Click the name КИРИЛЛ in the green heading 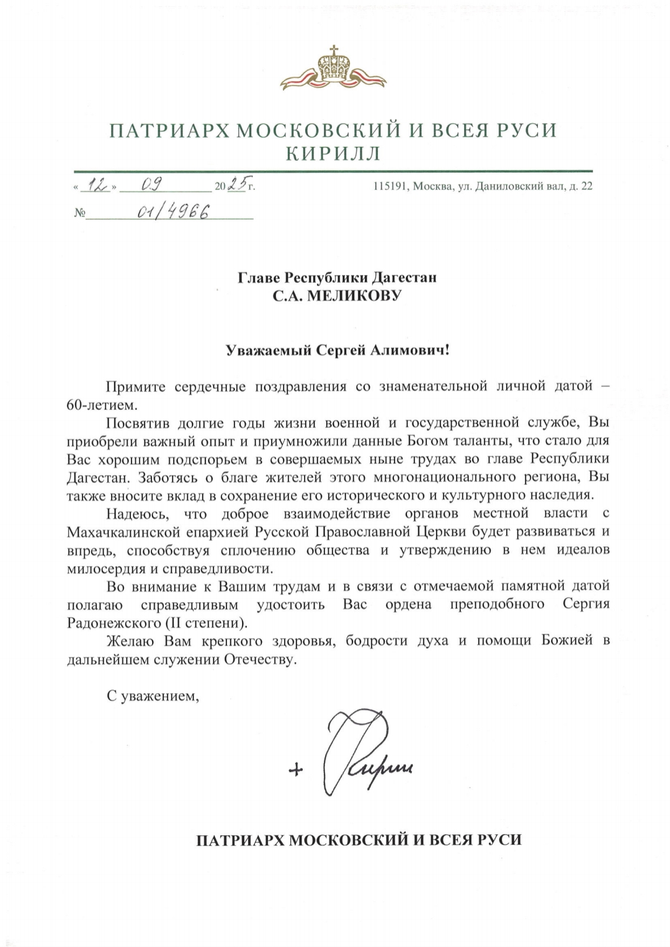click(x=333, y=153)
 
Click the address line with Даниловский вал click(x=481, y=185)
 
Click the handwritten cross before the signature click(x=296, y=770)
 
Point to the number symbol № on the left click(x=79, y=213)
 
